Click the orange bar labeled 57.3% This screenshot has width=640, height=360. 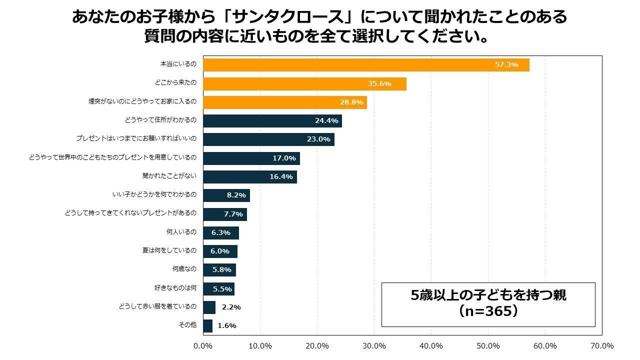point(366,65)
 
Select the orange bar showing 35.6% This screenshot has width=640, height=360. point(304,83)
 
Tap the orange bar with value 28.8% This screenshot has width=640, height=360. point(285,102)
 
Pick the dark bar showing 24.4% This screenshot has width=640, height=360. point(272,121)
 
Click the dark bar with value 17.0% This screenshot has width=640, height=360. point(251,158)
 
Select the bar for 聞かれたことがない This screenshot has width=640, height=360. point(250,177)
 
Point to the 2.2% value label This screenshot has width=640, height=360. point(231,307)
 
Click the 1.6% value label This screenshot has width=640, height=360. point(227,325)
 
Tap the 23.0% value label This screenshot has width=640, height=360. point(318,139)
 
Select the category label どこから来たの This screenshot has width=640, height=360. point(176,83)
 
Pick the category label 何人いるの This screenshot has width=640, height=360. point(181,232)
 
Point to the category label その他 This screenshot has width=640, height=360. point(187,325)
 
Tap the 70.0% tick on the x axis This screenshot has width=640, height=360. point(602,346)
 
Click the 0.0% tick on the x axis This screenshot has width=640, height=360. point(203,346)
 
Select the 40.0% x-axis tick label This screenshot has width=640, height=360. point(431,346)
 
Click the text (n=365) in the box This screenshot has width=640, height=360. point(488,311)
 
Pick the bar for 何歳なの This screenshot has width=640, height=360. point(219,270)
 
